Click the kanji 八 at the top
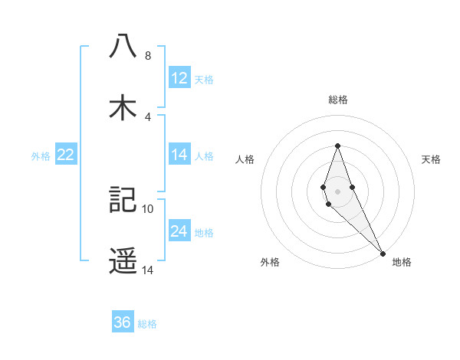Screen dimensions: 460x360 pos(123,47)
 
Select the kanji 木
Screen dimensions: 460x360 pos(123,108)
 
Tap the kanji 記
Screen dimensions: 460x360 pos(123,199)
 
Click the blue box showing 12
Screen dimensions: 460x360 pos(179,78)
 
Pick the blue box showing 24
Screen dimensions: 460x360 pos(179,231)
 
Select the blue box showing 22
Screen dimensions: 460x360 pos(66,155)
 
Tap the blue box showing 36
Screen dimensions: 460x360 pos(123,322)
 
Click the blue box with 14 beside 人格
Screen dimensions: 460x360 pos(179,155)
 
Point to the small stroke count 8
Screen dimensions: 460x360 pos(148,56)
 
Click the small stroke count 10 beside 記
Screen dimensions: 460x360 pos(148,208)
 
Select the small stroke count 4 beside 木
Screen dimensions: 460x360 pos(148,116)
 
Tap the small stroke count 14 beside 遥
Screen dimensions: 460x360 pos(148,270)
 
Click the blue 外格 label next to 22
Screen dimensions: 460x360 pos(41,155)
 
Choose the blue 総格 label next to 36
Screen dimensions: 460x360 pos(147,324)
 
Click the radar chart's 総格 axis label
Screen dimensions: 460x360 pos(337,100)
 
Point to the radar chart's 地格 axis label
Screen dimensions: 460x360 pos(402,262)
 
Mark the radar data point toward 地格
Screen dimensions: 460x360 pos(383,252)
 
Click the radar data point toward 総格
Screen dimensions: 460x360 pos(337,146)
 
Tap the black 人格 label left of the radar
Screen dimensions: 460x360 pos(245,159)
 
